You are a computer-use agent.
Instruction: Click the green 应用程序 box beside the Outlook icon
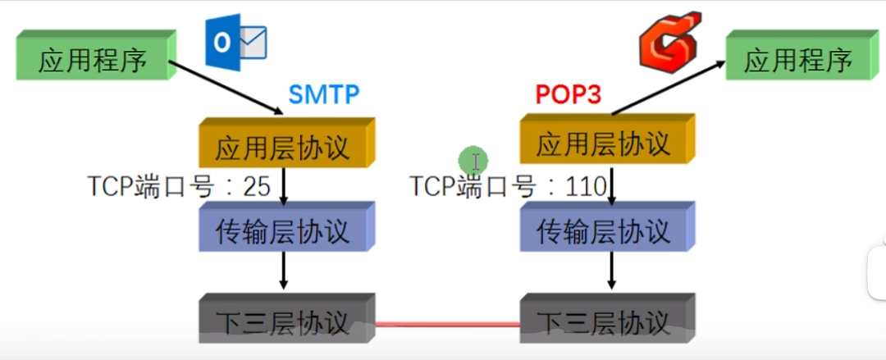[x=92, y=59]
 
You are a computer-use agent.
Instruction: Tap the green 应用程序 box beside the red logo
[x=797, y=60]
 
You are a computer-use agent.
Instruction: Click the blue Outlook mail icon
[x=235, y=42]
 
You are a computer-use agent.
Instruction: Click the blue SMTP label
[x=323, y=94]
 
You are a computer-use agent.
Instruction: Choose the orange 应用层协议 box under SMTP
[x=283, y=146]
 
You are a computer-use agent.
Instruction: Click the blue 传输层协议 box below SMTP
[x=283, y=229]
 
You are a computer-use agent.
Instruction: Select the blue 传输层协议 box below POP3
[x=605, y=229]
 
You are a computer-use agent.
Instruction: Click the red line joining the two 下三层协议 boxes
[x=447, y=325]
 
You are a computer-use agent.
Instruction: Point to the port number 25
[x=257, y=187]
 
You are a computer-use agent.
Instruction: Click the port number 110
[x=585, y=187]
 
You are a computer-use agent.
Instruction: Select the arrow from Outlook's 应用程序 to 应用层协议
[x=226, y=89]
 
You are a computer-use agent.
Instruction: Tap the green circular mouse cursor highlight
[x=473, y=161]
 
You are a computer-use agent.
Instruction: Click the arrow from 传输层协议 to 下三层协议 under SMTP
[x=283, y=271]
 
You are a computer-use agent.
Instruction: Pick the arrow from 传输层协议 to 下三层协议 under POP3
[x=610, y=271]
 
